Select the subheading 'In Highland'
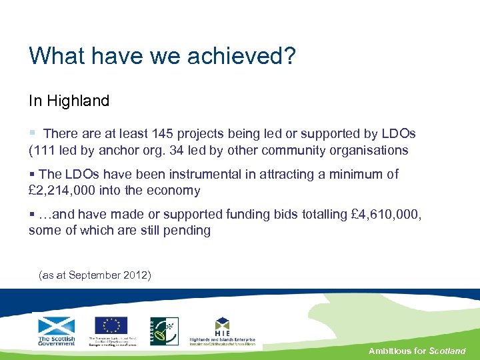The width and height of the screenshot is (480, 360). click(x=69, y=101)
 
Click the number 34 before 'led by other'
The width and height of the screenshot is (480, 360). click(x=175, y=150)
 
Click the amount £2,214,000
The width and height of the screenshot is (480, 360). click(x=62, y=191)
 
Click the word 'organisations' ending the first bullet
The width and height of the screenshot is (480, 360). click(x=367, y=150)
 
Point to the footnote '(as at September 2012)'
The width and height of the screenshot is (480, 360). click(x=95, y=275)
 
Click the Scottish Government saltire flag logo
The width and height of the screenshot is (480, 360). click(x=57, y=326)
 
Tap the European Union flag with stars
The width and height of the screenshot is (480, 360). click(x=111, y=325)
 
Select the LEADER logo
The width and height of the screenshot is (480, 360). click(x=164, y=331)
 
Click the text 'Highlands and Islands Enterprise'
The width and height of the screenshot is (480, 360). click(x=222, y=339)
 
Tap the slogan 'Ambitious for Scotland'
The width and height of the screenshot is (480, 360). click(x=417, y=351)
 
